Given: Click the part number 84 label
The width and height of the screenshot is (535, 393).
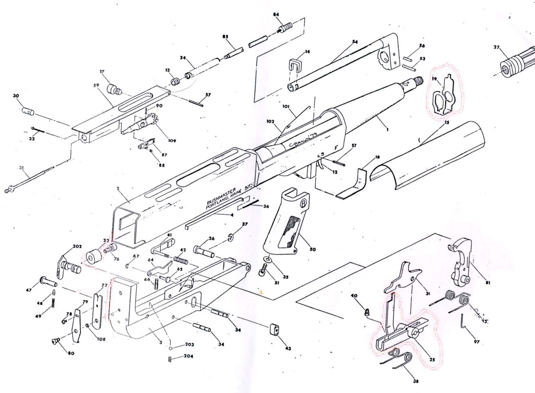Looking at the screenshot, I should tap(276, 15).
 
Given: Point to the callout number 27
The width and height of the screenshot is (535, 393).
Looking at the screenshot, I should tap(497, 47).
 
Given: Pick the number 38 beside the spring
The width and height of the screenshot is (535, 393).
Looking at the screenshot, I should tap(415, 382).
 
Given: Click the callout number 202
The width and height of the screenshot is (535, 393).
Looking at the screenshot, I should tap(77, 246).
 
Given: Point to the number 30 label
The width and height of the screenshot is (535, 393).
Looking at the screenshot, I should tap(16, 96).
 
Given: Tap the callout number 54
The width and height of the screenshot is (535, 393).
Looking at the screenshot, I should tap(355, 42).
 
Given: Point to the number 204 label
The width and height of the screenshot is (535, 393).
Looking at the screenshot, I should tap(189, 356).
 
